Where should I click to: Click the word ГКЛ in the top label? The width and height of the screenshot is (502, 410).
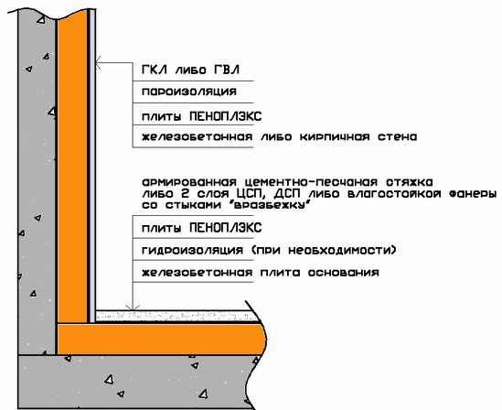[155, 70]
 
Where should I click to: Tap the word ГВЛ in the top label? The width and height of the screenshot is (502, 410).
[227, 70]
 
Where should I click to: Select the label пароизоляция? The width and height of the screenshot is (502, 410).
[189, 92]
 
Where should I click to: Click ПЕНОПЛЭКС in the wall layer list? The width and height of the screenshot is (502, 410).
[226, 116]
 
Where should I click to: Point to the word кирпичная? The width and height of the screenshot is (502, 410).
[335, 137]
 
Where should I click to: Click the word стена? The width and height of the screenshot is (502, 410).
[398, 137]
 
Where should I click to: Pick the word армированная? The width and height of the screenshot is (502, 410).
[189, 183]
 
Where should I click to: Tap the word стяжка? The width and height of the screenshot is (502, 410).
[409, 182]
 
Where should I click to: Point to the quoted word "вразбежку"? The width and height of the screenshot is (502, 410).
[271, 205]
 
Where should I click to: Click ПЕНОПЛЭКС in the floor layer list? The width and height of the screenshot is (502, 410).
[226, 228]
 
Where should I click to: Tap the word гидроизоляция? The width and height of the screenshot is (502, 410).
[192, 250]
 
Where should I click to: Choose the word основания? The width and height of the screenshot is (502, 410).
[344, 273]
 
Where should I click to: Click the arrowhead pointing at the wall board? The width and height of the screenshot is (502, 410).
[98, 62]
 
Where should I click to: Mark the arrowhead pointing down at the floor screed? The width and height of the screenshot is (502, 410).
[133, 307]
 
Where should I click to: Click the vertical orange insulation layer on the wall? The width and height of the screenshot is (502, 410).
[72, 167]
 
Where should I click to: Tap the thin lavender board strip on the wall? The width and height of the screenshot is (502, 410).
[92, 166]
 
